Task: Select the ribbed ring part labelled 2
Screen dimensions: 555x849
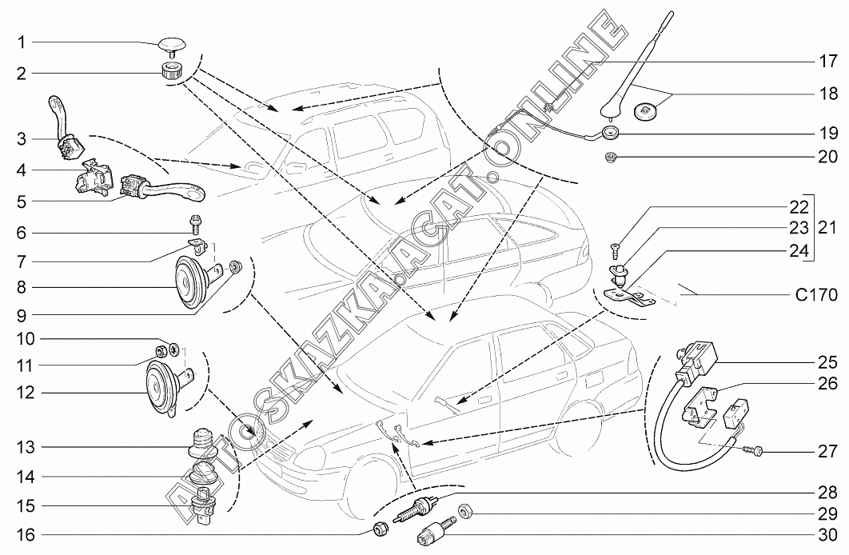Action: coord(171,70)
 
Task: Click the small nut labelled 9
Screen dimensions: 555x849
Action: coord(235,266)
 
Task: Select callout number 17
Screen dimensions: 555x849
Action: coord(826,59)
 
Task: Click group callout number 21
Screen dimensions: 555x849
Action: coord(826,227)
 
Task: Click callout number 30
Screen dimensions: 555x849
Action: coord(826,535)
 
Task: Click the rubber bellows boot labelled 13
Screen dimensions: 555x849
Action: coord(202,442)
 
